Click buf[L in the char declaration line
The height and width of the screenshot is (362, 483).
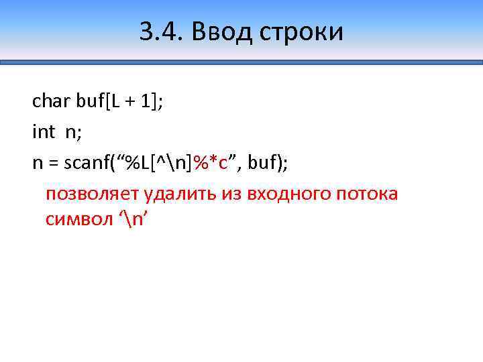tap(98, 101)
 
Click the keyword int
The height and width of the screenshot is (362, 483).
tap(44, 131)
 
